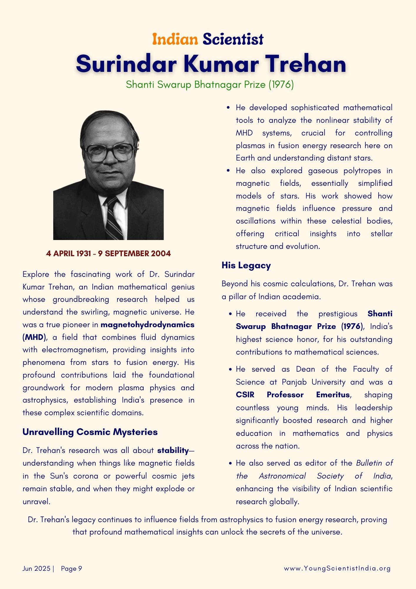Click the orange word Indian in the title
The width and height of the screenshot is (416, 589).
[175, 39]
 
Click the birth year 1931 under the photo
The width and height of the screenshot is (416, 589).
[83, 254]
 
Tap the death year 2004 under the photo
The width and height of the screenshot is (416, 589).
[161, 254]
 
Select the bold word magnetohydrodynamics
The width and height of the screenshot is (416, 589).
[147, 325]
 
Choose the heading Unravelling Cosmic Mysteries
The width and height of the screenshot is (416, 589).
[90, 432]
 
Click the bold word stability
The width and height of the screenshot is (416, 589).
[173, 450]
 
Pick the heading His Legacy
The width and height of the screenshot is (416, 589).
[246, 265]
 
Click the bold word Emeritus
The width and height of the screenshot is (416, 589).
[333, 395]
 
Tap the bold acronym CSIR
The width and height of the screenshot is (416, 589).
[245, 395]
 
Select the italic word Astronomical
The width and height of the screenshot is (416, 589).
[282, 476]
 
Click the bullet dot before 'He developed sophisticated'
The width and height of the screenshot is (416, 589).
[228, 108]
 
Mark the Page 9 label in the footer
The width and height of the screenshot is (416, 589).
[71, 568]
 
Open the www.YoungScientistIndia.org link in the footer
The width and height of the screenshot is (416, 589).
[337, 568]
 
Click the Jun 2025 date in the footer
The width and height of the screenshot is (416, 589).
[36, 568]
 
